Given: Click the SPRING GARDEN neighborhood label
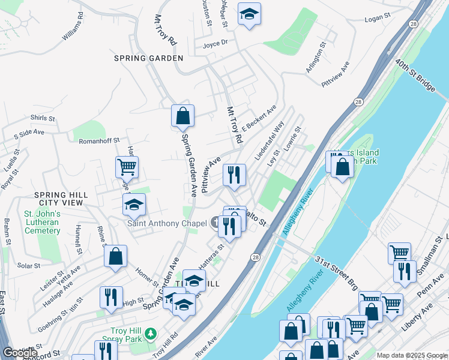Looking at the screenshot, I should pos(149,58).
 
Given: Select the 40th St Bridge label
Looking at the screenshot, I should pos(415,76).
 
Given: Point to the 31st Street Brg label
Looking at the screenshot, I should pos(337,272).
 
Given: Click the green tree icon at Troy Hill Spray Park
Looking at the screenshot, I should pos(152,332).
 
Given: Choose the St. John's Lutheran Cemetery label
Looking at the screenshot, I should pos(41,222).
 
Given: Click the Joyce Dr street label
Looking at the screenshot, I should pos(215,43).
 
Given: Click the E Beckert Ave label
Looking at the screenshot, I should pos(259,119).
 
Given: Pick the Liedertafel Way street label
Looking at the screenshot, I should pos(269,140).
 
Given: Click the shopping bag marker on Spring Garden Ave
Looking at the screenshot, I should pos(182,116).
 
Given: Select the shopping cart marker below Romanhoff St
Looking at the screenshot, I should pos(127,167).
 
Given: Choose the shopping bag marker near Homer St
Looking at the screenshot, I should pos(115,256).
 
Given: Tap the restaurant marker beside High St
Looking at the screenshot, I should pos(111,296).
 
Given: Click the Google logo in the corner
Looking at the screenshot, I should pos(19,353).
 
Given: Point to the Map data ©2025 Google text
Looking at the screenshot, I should pos(412,355).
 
